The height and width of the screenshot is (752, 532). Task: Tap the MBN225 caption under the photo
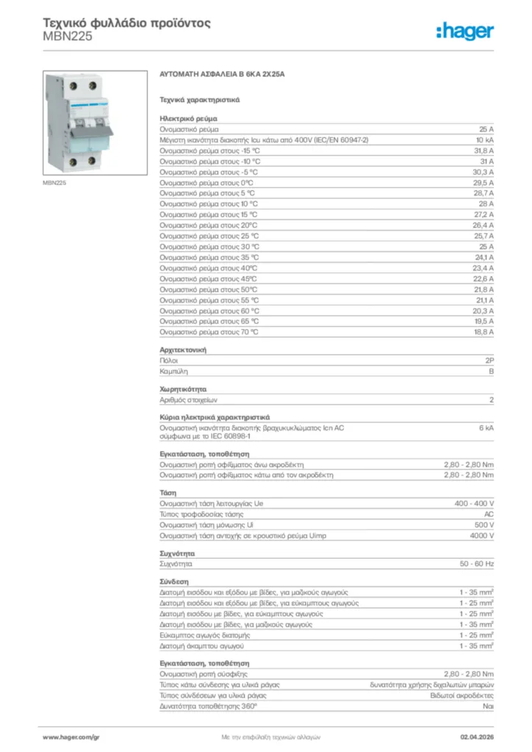[x=54, y=183]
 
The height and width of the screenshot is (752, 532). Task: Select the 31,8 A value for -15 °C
[x=482, y=150]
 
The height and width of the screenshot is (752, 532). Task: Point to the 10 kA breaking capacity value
[x=484, y=139]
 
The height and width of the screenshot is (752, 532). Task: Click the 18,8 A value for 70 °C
[x=482, y=332]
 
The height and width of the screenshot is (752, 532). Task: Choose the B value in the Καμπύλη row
[x=491, y=372]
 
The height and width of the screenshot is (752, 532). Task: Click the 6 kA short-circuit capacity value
[x=486, y=427]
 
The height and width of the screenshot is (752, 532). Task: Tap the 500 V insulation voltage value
[x=483, y=525]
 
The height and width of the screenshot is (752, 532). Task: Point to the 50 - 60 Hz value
[x=477, y=564]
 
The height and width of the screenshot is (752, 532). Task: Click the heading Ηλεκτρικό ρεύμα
[x=187, y=117]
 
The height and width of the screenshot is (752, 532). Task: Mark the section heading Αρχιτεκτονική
[x=183, y=350]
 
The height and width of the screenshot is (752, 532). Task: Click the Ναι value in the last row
[x=488, y=706]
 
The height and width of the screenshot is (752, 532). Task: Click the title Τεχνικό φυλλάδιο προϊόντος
[x=127, y=22]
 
